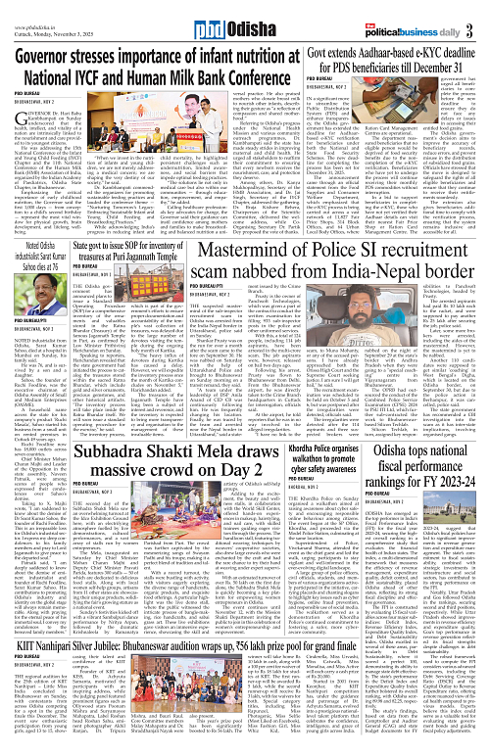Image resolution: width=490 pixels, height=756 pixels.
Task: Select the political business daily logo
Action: coord(434,18)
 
